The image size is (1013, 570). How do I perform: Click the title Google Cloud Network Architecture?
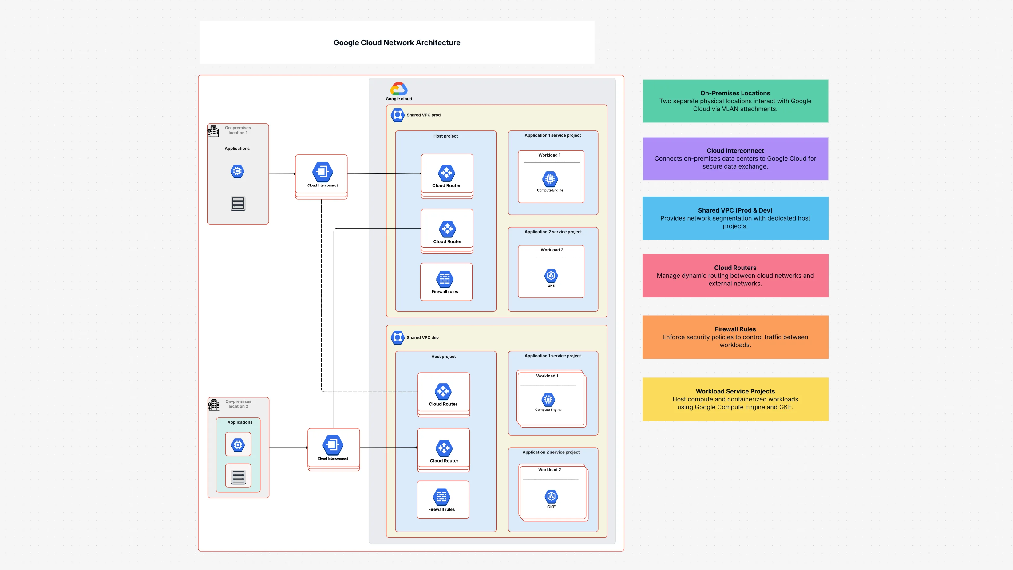[397, 42]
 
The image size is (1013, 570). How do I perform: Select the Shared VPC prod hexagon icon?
[397, 115]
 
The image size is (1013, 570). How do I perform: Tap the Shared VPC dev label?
[422, 337]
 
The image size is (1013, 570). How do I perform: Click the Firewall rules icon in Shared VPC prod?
[445, 279]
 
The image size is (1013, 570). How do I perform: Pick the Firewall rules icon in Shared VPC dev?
[441, 497]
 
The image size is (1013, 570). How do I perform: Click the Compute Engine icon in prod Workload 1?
[550, 179]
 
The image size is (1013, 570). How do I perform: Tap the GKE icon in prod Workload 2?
[551, 275]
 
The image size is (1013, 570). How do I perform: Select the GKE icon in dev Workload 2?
[551, 496]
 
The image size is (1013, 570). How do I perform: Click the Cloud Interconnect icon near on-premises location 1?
[322, 172]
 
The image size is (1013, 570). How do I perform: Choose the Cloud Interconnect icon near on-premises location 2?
[333, 445]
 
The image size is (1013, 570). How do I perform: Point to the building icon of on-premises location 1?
[213, 131]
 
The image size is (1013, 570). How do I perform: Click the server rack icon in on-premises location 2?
[238, 477]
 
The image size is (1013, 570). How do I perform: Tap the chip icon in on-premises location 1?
[237, 171]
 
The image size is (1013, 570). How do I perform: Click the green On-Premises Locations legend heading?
[735, 93]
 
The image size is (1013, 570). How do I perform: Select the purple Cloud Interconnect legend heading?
[735, 151]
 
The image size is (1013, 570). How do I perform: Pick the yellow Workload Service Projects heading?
[735, 391]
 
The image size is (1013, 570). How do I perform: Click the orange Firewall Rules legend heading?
[735, 329]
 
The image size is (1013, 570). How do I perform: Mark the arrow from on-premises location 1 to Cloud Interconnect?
[282, 174]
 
